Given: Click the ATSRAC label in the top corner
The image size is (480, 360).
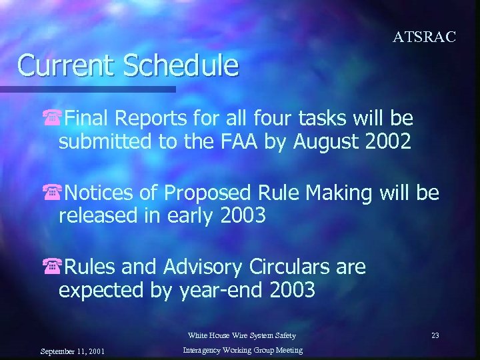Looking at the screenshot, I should click(x=424, y=37).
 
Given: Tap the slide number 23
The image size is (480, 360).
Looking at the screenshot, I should click(x=435, y=335).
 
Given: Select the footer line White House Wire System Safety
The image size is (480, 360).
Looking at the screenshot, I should click(x=241, y=335).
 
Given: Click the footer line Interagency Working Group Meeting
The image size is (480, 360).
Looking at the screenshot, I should click(x=243, y=350).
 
